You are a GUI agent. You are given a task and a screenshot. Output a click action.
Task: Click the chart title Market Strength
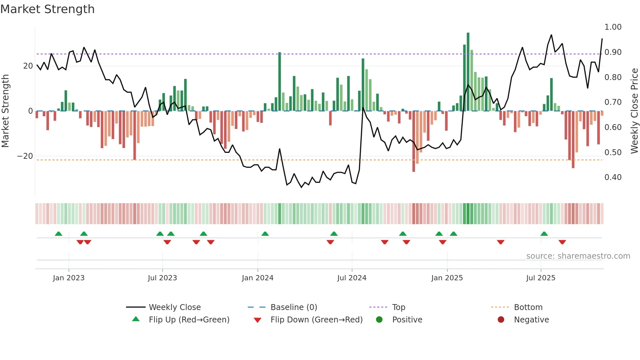[47, 9]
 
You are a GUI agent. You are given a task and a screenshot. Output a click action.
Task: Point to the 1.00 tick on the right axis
[613, 27]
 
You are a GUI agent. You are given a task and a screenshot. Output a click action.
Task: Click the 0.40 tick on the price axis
[613, 177]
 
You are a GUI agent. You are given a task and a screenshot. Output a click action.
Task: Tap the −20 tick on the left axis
[25, 156]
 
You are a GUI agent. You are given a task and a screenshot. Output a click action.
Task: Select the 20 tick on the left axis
[28, 66]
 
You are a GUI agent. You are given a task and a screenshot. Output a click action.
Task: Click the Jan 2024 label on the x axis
[257, 278]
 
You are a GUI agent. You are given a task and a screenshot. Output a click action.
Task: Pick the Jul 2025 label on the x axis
[540, 278]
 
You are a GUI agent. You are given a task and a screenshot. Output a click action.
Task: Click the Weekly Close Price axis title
[634, 111]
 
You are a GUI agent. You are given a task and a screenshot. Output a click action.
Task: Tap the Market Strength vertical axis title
[6, 111]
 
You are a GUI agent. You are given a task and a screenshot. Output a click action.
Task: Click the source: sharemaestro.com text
[578, 256]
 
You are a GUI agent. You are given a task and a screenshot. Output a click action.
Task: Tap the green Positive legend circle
[379, 320]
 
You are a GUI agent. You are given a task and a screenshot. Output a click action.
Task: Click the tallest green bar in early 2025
[468, 72]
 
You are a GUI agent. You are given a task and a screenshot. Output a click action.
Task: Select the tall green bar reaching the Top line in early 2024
[280, 82]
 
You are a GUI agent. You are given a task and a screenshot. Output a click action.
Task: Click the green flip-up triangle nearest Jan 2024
[265, 234]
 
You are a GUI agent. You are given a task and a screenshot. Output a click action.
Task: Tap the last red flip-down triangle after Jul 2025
[562, 242]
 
